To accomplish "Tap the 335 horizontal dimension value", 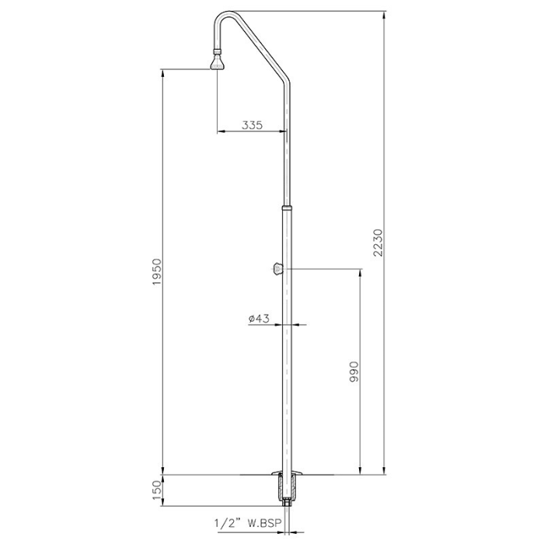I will pos(251,124).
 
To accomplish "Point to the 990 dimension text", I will pos(353,374).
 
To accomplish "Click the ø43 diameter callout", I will pos(259,319).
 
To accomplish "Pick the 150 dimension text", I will pos(156,490).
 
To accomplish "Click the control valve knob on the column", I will pos(277,269).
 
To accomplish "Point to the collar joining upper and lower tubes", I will pos(288,208).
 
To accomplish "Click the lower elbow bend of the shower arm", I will pos(286,84).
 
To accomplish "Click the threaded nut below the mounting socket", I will pos(288,503).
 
